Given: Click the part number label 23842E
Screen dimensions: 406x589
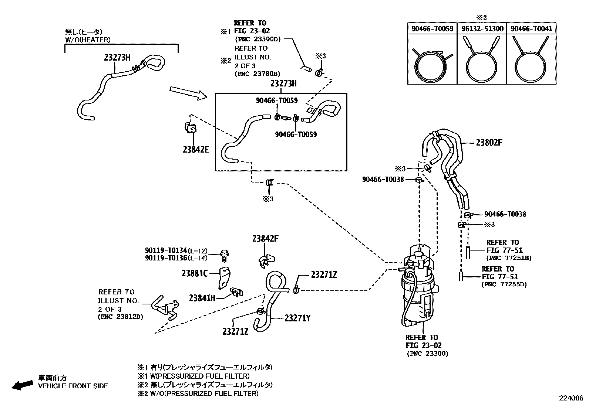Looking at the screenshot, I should click(195, 149).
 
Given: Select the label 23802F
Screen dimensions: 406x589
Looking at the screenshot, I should click(489, 143).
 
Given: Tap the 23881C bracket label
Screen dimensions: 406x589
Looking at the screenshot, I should click(195, 273).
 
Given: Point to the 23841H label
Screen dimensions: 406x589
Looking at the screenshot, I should click(202, 297).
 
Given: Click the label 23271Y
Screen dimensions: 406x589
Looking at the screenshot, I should click(297, 318).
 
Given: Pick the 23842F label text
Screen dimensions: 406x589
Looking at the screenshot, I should click(265, 239).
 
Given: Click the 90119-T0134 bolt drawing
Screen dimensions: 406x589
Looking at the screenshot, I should click(224, 255).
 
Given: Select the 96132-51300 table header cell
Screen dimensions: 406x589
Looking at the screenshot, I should click(482, 28).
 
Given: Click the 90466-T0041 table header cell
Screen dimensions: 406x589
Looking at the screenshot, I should click(531, 28).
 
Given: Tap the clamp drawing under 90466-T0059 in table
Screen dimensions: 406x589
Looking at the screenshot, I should click(432, 64).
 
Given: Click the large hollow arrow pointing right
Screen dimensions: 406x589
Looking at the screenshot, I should click(188, 93).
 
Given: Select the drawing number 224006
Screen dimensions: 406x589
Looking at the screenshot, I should click(571, 398).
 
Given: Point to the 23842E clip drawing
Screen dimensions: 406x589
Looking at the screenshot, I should click(190, 128).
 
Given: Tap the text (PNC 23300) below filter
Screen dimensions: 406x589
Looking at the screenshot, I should click(427, 354).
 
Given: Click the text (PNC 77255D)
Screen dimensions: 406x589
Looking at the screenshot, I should click(504, 284).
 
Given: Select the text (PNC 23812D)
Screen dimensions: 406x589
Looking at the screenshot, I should click(120, 317).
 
